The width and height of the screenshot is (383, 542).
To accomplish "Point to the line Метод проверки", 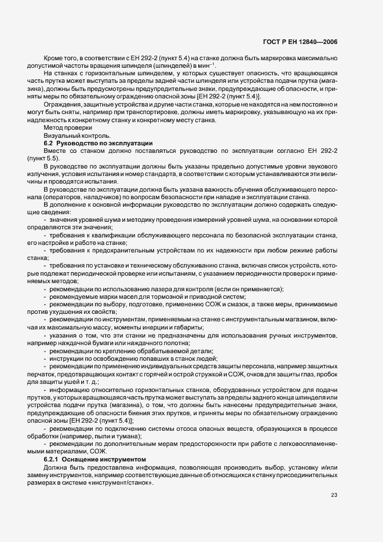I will click(x=67, y=127).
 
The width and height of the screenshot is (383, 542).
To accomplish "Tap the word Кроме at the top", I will click(x=55, y=58).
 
